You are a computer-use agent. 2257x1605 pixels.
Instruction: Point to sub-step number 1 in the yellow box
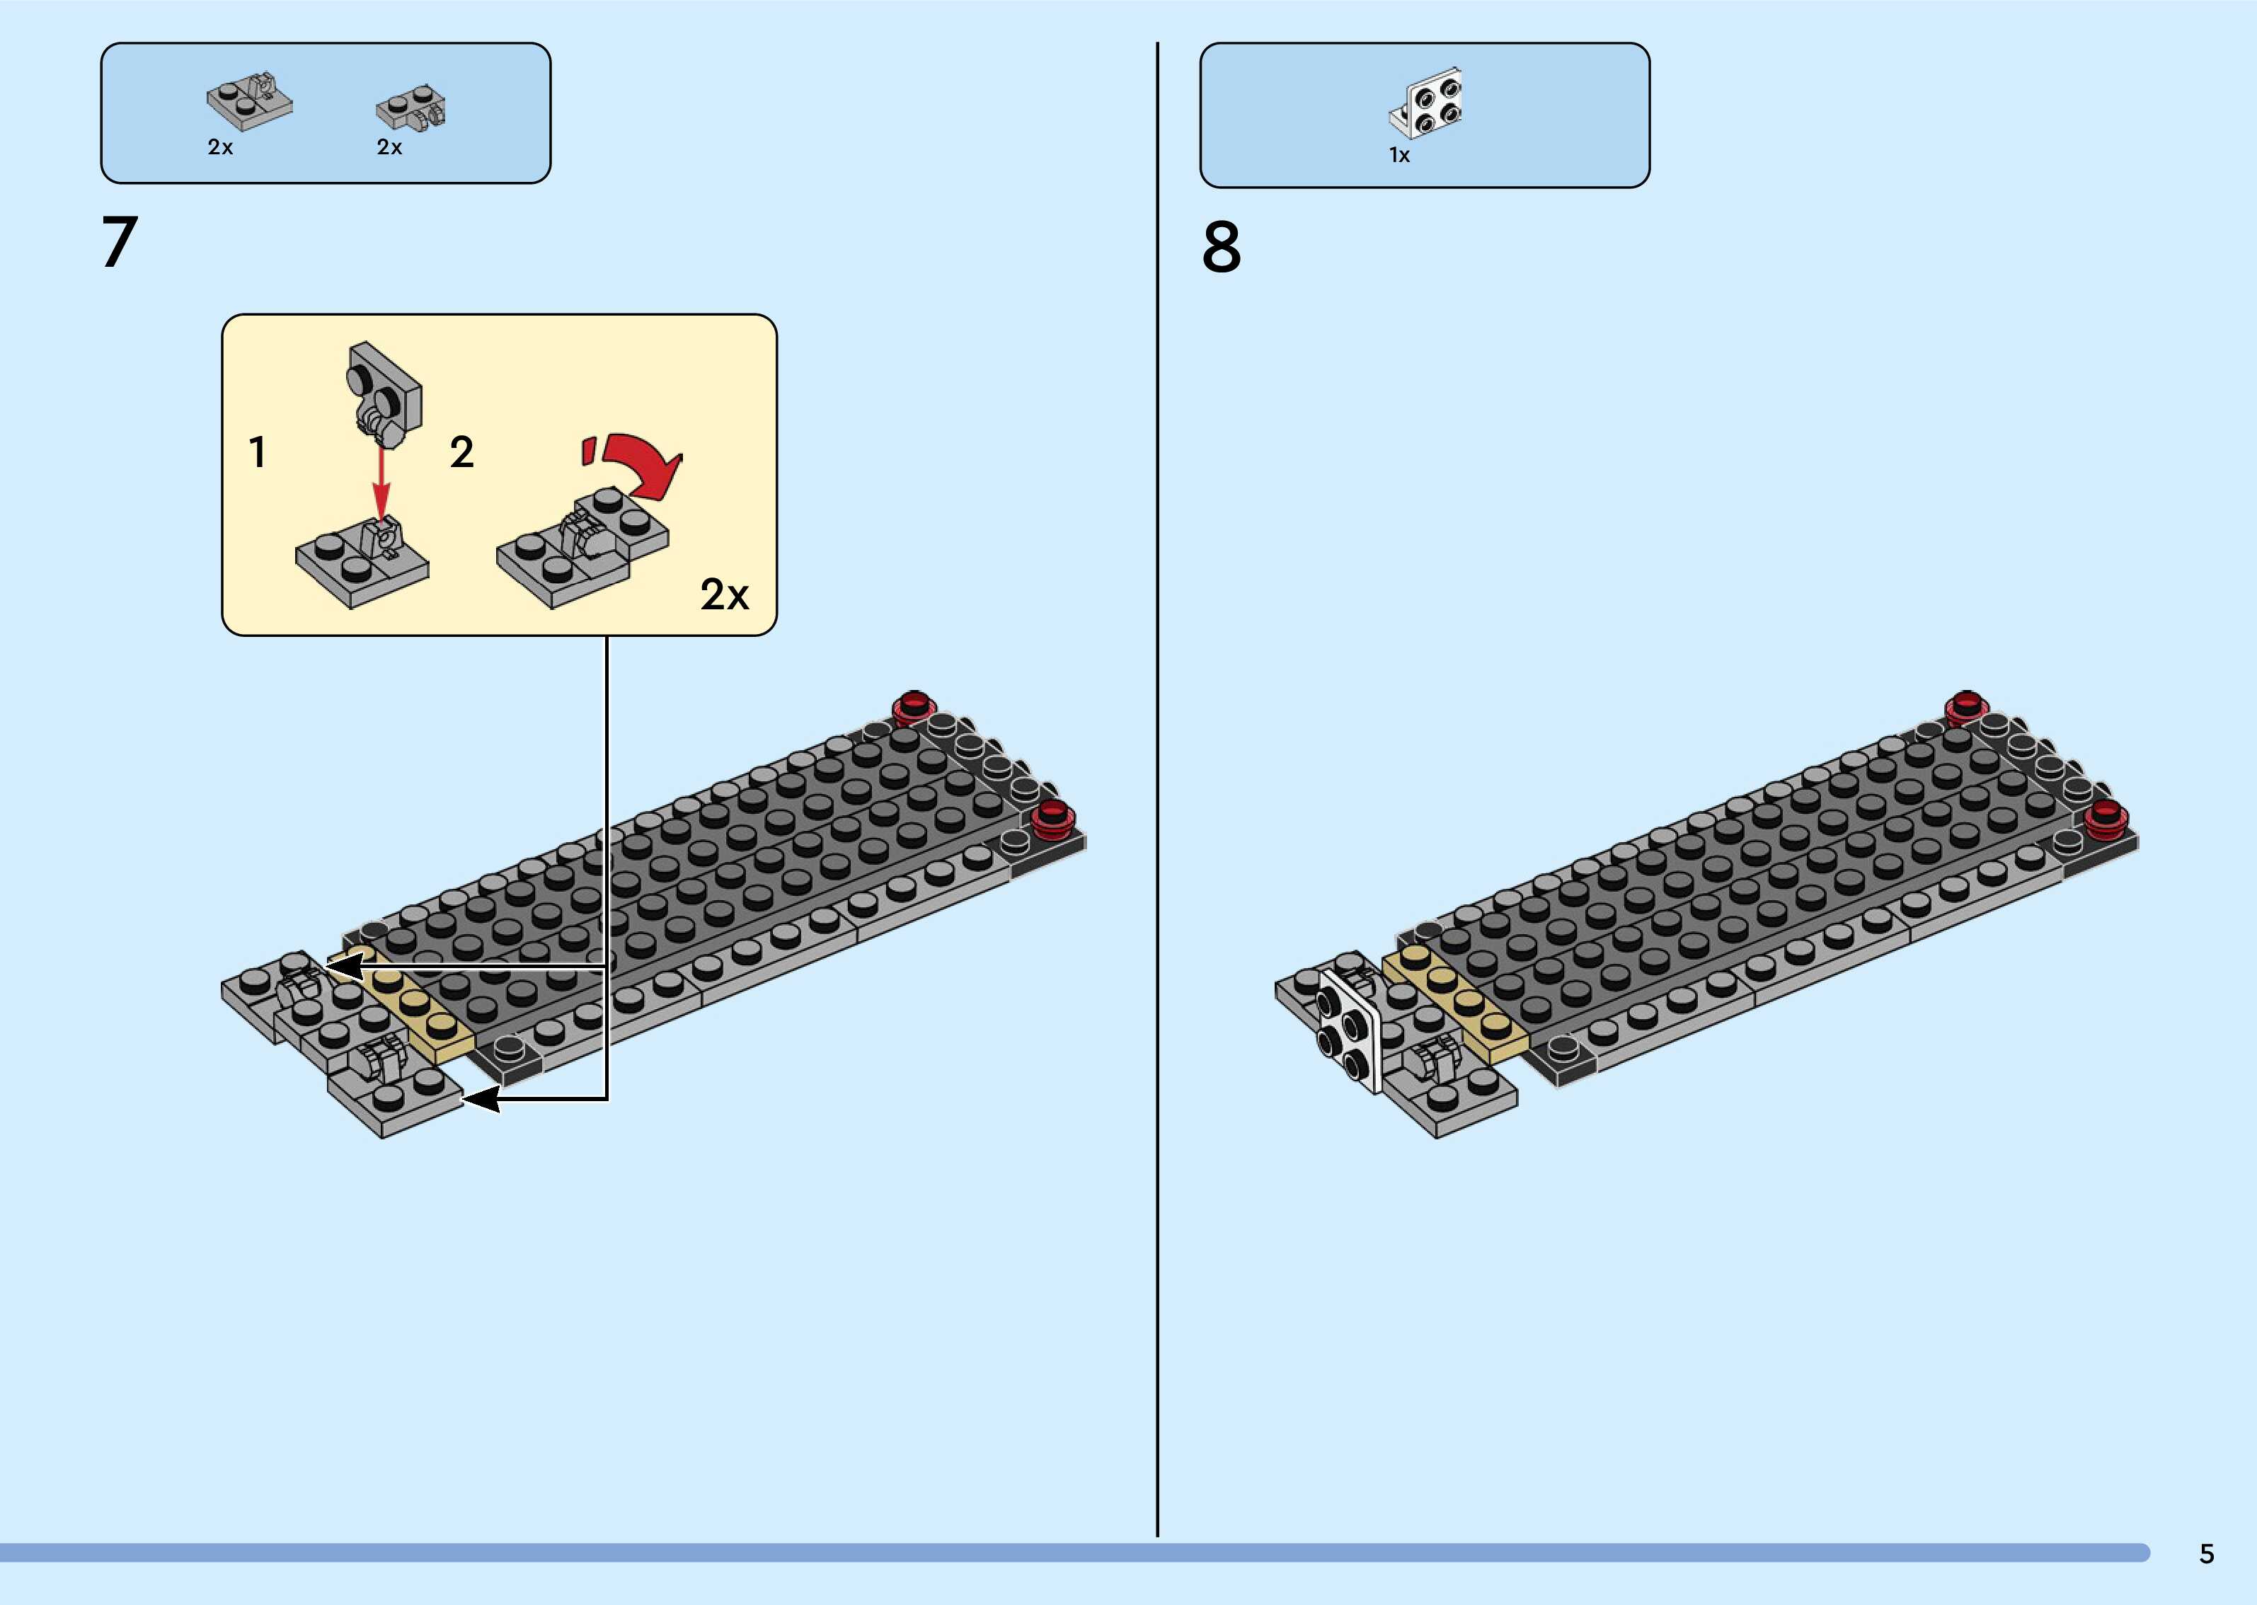point(257,453)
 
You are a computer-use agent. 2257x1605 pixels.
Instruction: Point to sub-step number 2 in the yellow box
point(461,453)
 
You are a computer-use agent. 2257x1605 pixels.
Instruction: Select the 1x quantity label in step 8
point(1399,155)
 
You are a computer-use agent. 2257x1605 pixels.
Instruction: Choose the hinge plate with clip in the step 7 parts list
point(249,102)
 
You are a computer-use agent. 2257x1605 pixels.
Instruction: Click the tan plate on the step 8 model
point(1457,1003)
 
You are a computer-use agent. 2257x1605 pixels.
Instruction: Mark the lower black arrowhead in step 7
point(482,1099)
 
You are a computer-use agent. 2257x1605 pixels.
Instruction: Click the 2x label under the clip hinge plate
point(220,147)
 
